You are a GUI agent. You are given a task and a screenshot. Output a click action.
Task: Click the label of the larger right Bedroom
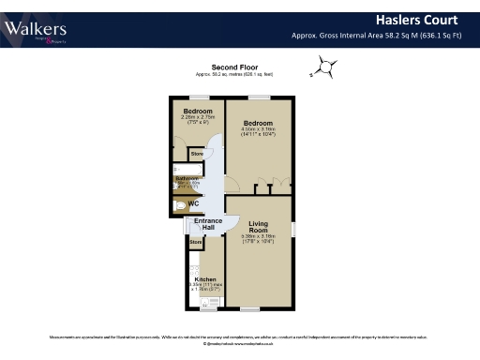257,123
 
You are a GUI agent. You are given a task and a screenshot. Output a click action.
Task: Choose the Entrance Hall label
208,225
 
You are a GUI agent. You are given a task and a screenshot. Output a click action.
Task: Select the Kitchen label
206,279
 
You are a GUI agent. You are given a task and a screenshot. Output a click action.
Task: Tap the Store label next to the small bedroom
198,153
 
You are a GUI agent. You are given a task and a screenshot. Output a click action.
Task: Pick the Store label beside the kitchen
196,243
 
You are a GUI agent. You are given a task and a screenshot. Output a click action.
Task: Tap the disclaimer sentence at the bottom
240,336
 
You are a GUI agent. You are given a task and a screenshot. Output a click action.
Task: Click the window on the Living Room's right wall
292,229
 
